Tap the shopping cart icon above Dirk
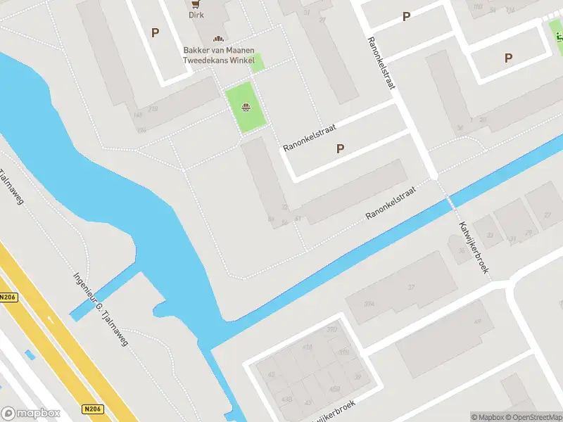pos(194,3)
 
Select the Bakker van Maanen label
pos(217,50)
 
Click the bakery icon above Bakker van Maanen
pos(218,39)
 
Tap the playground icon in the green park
pos(246,108)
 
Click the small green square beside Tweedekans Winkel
pos(257,62)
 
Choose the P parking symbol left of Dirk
pos(155,32)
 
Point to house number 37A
pos(369,304)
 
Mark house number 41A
pos(306,347)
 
